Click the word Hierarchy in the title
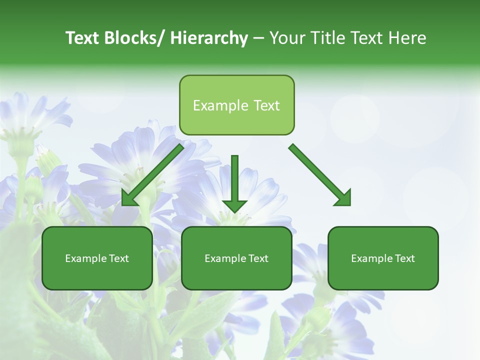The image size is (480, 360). (x=209, y=38)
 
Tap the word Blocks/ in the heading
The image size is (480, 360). (x=134, y=38)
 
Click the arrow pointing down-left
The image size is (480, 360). (x=152, y=175)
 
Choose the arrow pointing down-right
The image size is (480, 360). (x=320, y=175)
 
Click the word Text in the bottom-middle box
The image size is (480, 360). (x=257, y=258)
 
